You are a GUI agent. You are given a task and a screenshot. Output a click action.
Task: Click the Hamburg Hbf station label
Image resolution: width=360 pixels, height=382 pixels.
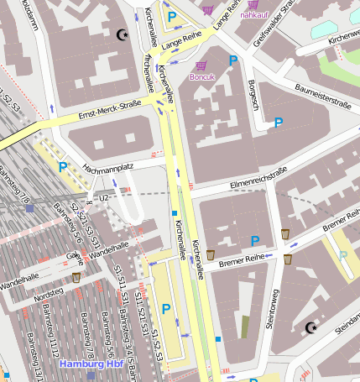pyautogui.click(x=91, y=364)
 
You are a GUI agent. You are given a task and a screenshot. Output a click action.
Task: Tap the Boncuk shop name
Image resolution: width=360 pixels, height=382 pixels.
pyautogui.click(x=203, y=77)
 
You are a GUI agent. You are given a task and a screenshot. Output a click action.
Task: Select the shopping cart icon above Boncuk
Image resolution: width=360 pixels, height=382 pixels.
pyautogui.click(x=201, y=65)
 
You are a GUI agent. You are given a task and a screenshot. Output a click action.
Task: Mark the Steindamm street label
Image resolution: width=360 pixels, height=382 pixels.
pyautogui.click(x=347, y=326)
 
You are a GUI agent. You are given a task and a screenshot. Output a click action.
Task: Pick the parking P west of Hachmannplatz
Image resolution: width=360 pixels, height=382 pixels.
pyautogui.click(x=62, y=167)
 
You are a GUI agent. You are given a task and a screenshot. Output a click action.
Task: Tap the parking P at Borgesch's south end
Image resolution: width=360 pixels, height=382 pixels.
pyautogui.click(x=279, y=122)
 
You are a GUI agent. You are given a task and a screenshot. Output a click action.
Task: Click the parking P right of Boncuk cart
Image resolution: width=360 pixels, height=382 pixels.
pyautogui.click(x=234, y=60)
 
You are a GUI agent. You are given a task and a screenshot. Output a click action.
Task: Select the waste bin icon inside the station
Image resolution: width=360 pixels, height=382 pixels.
pyautogui.click(x=77, y=276)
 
